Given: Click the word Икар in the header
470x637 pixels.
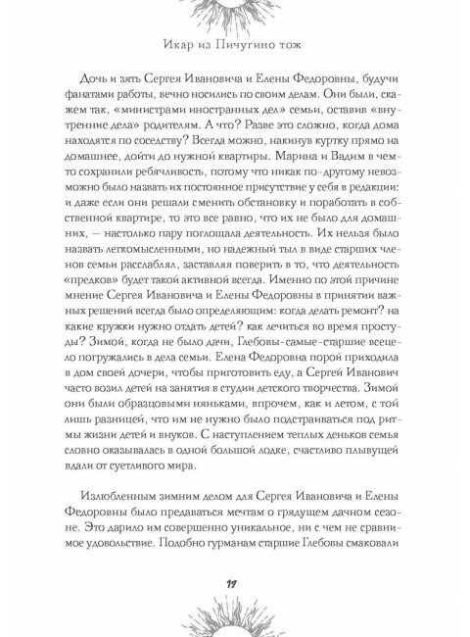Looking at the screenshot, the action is [x=178, y=47].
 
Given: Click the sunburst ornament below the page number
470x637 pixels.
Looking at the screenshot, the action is [x=235, y=622].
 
